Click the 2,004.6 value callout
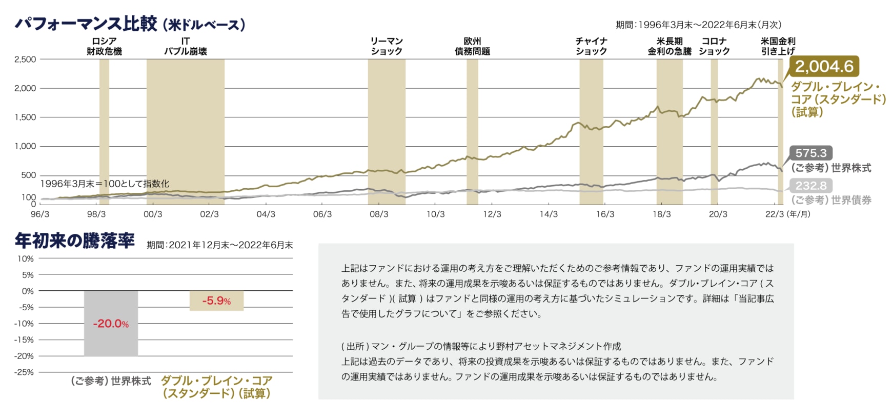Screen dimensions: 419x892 tap(824, 66)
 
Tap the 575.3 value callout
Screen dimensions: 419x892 tap(810, 153)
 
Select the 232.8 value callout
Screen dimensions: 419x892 tap(810, 186)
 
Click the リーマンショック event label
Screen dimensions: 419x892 tap(387, 46)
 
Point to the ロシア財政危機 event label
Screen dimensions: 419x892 tap(104, 46)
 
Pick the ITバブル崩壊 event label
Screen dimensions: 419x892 tap(185, 46)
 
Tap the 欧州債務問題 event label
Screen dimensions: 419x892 tap(472, 46)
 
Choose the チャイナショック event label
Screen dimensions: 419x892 tap(591, 46)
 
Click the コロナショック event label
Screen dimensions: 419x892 tap(714, 46)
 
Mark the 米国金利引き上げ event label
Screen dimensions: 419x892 tap(778, 46)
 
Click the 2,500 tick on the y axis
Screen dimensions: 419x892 tap(25, 59)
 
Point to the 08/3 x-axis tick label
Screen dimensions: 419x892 tap(379, 214)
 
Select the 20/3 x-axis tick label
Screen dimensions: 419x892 tap(718, 214)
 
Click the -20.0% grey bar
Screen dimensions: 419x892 tap(111, 324)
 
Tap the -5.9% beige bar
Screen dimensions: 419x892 tap(216, 301)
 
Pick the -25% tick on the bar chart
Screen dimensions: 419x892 tap(24, 372)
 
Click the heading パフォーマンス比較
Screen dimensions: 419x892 tap(86, 24)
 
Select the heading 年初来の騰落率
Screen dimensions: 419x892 tap(75, 241)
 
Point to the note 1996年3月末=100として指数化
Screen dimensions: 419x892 tap(105, 184)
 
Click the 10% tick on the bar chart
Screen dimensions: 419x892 tap(26, 258)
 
